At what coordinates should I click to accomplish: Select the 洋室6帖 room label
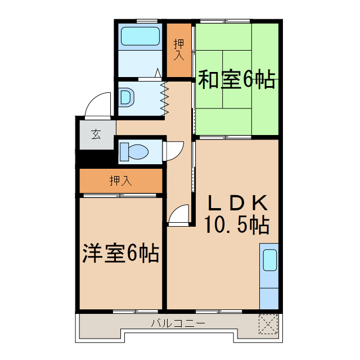pyautogui.click(x=120, y=253)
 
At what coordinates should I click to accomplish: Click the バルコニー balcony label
pyautogui.click(x=178, y=323)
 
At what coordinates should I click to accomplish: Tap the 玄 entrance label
pyautogui.click(x=96, y=134)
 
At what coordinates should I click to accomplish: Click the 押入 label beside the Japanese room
pyautogui.click(x=179, y=49)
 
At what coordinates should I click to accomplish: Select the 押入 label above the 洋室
pyautogui.click(x=120, y=181)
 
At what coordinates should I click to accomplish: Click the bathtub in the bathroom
pyautogui.click(x=139, y=37)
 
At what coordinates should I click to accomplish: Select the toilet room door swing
pyautogui.click(x=175, y=148)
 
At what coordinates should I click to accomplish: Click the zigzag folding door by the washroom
pyautogui.click(x=165, y=97)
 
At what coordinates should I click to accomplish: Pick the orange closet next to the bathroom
pyautogui.click(x=179, y=49)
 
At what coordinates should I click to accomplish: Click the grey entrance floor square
pyautogui.click(x=96, y=134)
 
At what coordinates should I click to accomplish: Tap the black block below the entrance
pyautogui.click(x=96, y=159)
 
